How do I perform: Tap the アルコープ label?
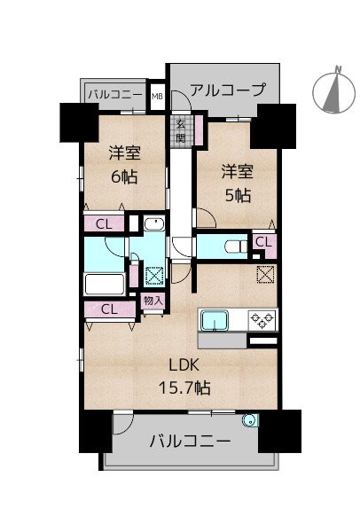point(226,90)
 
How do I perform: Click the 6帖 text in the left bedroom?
point(124,176)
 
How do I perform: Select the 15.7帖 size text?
point(184,387)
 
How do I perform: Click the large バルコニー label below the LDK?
point(190,441)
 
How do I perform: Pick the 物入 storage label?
point(153,301)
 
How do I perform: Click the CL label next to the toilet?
point(263,241)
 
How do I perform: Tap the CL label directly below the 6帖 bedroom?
point(104,223)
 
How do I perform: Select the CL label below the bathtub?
point(109,309)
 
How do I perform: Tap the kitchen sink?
point(216,319)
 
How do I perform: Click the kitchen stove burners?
point(263,318)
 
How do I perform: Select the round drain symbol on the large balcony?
point(252,422)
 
